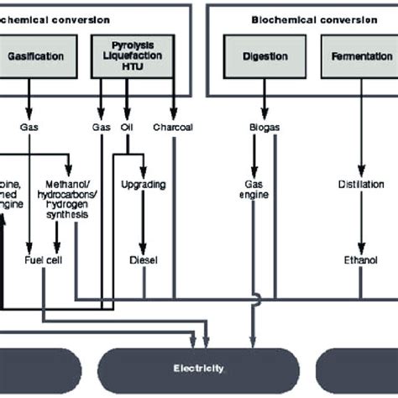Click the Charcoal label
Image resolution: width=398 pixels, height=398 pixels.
click(x=174, y=128)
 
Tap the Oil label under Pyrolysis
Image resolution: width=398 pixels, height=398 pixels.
click(x=128, y=128)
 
